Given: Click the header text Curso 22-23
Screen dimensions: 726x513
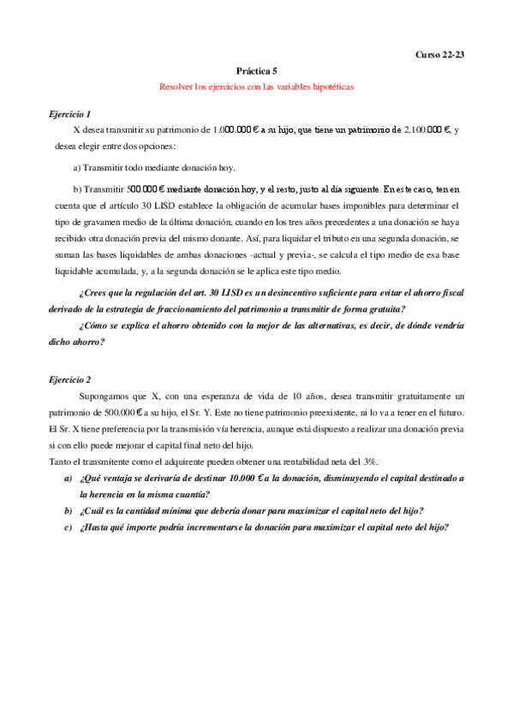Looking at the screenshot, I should coord(438,55).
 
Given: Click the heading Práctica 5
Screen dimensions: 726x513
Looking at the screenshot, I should coord(256,71).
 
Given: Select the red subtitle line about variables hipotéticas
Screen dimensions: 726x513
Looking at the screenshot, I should coord(256,87).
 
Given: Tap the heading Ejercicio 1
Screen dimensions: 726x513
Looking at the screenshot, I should coord(70,114).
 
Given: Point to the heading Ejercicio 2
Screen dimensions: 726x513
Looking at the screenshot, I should coord(70,379).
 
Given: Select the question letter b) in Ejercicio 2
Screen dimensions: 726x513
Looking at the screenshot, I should coord(68,510).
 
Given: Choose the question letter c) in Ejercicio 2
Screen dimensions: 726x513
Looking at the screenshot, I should coord(68,527).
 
